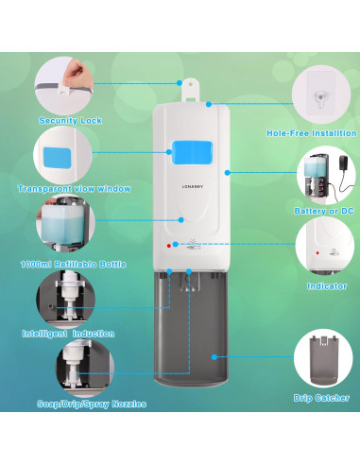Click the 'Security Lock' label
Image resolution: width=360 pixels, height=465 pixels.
click(70, 121)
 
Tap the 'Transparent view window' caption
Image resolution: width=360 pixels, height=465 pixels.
click(75, 189)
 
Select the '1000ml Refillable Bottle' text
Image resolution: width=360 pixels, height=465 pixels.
click(74, 264)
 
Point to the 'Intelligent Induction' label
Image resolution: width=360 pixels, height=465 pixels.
click(68, 334)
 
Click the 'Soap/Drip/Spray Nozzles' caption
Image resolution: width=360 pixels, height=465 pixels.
click(92, 404)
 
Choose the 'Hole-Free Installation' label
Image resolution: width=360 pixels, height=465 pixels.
click(312, 133)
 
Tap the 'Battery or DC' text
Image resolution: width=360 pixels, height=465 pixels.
click(324, 211)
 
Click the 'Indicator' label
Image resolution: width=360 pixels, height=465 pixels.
click(327, 286)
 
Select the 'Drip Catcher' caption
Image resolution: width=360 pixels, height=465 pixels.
click(321, 398)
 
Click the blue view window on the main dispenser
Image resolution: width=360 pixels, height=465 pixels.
click(192, 152)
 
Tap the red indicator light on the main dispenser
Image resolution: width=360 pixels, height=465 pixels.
click(169, 246)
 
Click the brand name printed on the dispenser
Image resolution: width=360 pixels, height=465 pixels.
click(193, 186)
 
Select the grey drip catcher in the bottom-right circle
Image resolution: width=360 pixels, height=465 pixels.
click(323, 361)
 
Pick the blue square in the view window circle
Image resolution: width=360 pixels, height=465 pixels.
click(57, 157)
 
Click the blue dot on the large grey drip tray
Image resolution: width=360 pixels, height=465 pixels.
click(214, 357)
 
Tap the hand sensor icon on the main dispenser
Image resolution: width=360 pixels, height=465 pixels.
click(193, 246)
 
